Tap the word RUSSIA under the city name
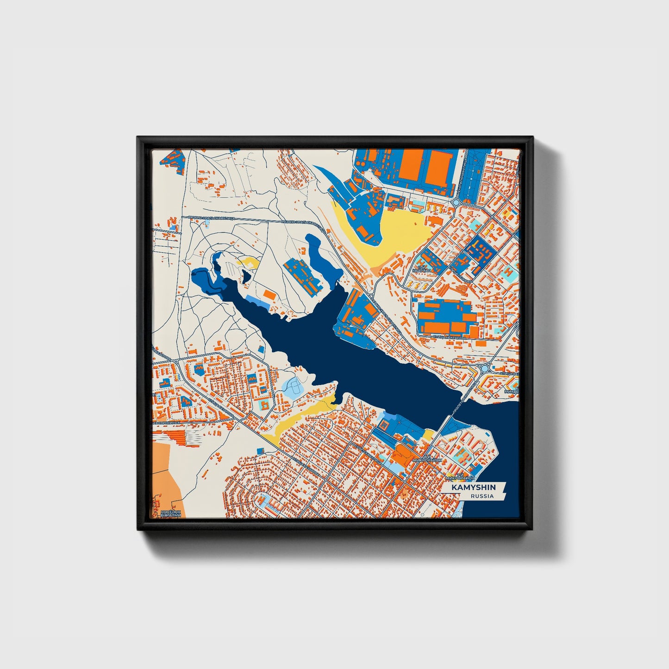[x=482, y=496]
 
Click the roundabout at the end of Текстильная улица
[x=456, y=202]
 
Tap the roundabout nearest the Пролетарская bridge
[x=485, y=369]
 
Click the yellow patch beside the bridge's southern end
[x=428, y=434]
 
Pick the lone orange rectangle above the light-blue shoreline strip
[x=268, y=294]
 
